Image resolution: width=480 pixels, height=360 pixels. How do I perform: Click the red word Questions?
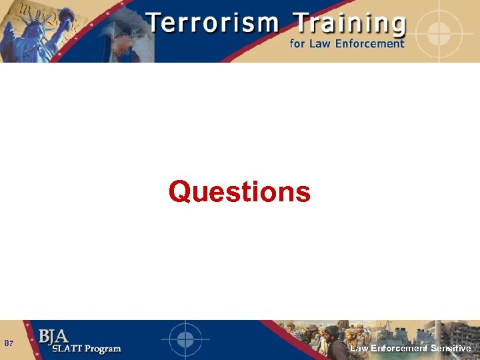click(x=239, y=192)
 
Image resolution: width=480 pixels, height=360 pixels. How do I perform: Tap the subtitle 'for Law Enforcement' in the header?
click(x=347, y=44)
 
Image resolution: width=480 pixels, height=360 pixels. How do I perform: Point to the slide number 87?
click(x=9, y=343)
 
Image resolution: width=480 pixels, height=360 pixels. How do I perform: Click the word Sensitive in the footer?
click(x=451, y=348)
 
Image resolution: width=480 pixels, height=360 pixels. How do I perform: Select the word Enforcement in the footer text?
click(x=398, y=348)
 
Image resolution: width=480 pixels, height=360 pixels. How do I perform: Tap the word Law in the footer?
click(x=359, y=348)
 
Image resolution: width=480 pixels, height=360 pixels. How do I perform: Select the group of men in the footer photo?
click(x=320, y=337)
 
